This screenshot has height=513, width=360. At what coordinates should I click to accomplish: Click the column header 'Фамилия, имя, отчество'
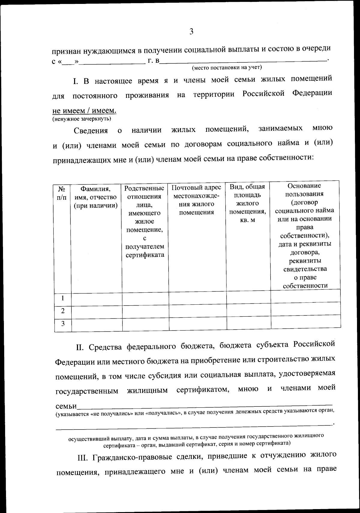[x=95, y=197]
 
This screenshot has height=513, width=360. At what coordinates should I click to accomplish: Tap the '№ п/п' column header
[x=62, y=193]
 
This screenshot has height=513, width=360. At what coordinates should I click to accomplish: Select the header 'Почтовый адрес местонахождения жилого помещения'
[x=196, y=200]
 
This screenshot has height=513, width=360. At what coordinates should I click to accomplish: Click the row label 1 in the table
[x=62, y=298]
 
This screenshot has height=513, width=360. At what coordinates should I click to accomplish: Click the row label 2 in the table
[x=62, y=311]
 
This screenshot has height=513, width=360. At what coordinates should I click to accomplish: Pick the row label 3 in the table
[x=63, y=324]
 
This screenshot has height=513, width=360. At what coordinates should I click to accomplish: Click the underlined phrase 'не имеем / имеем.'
[x=84, y=111]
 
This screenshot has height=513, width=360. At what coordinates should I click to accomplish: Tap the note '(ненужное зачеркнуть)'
[x=82, y=119]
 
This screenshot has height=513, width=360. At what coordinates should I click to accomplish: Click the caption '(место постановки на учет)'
[x=227, y=68]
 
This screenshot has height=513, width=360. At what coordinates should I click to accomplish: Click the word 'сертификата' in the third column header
[x=145, y=255]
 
